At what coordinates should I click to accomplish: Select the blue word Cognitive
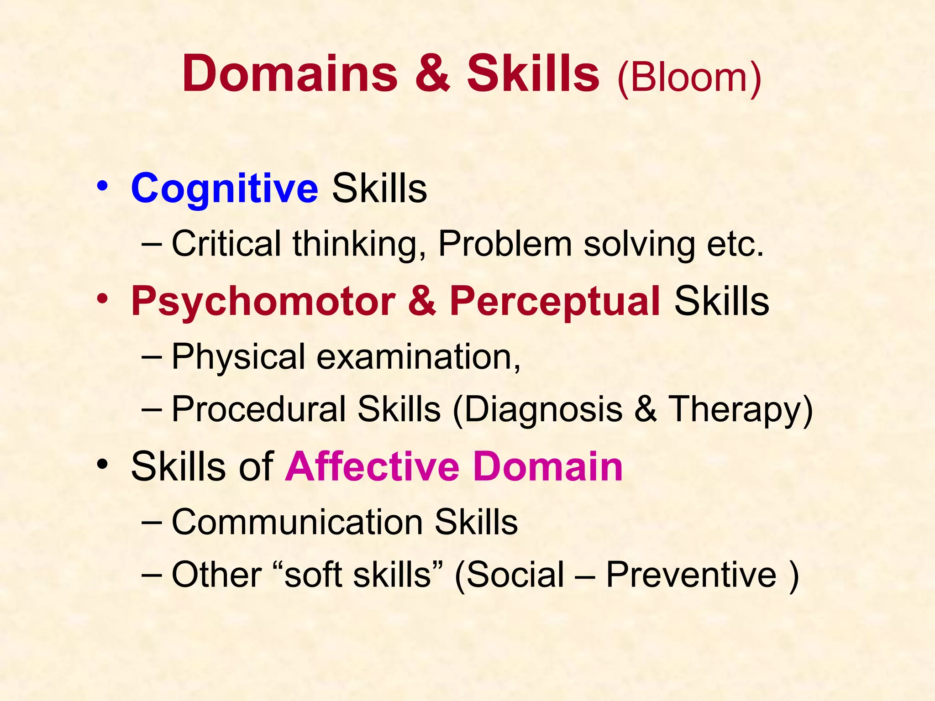[x=224, y=188]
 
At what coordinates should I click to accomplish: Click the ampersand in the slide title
[x=432, y=74]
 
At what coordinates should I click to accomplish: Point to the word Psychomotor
[x=263, y=301]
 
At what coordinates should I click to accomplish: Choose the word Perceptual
[x=555, y=301]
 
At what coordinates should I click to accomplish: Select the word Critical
[x=226, y=244]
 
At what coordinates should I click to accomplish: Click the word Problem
[x=505, y=244]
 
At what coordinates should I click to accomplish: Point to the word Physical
[x=238, y=356]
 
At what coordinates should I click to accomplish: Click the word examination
[x=418, y=356]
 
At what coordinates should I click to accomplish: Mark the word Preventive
[x=691, y=574]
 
